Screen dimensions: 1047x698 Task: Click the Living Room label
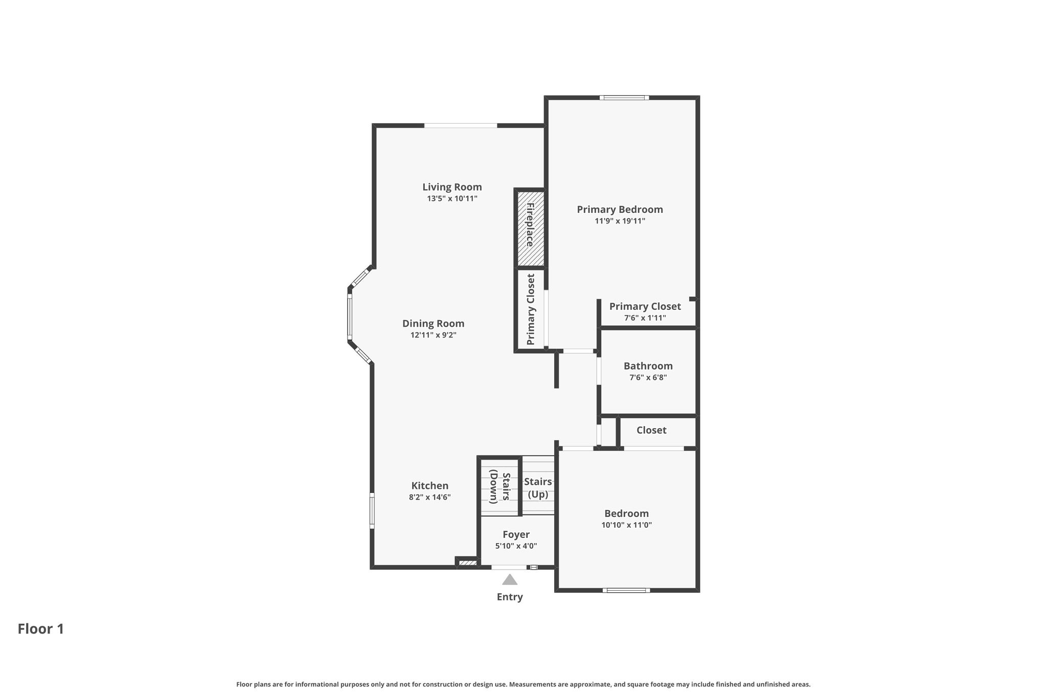(x=452, y=187)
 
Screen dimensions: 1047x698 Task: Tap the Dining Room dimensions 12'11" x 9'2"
(x=434, y=335)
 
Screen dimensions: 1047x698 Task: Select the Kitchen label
(x=430, y=486)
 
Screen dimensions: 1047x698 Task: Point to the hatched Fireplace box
(x=530, y=229)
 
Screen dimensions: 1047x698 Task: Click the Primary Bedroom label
(x=620, y=210)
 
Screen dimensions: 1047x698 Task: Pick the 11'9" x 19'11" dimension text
(x=620, y=221)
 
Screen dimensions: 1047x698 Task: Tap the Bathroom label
(x=648, y=366)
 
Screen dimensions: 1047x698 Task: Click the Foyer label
(x=516, y=535)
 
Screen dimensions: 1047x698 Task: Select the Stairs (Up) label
(x=538, y=488)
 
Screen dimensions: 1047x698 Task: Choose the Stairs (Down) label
(x=500, y=488)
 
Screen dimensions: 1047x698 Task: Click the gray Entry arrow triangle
(x=510, y=580)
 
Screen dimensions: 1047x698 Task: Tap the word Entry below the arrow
(x=510, y=597)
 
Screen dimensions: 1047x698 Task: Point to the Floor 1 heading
(x=41, y=629)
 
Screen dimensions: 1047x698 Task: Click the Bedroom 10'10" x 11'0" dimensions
(x=627, y=525)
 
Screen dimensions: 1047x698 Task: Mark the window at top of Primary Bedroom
(x=624, y=98)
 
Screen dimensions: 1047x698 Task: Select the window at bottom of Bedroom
(x=626, y=590)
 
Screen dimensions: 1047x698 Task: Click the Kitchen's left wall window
(x=372, y=510)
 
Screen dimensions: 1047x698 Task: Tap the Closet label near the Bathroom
(x=651, y=431)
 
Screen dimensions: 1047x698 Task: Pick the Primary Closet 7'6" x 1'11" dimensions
(x=645, y=318)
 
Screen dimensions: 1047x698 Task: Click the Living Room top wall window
(x=461, y=125)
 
